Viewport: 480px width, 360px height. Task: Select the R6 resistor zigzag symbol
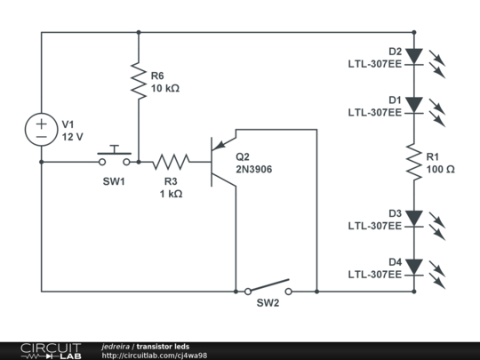click(139, 81)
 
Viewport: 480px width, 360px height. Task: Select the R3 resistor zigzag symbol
click(171, 162)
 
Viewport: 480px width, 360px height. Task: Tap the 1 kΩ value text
click(171, 194)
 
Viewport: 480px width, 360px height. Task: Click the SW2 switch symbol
click(268, 288)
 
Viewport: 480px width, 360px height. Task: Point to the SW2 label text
click(268, 304)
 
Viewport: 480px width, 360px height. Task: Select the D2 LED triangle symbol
click(413, 56)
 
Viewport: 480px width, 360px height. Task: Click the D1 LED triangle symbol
click(413, 105)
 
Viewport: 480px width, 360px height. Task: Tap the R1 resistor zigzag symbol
click(413, 161)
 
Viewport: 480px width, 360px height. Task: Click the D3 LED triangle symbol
click(413, 219)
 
